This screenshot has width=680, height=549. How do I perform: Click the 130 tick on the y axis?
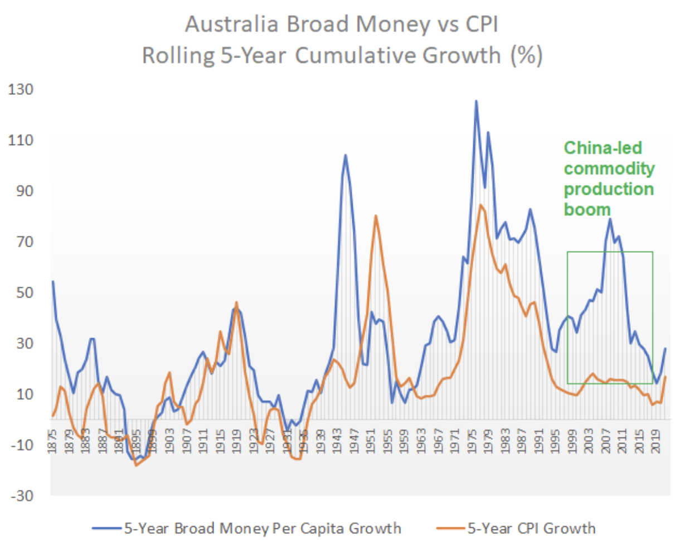[x=20, y=89]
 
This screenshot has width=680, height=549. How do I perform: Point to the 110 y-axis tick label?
[x=20, y=140]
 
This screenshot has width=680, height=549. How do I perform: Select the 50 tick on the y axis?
[x=23, y=292]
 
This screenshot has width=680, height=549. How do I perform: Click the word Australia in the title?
[x=232, y=25]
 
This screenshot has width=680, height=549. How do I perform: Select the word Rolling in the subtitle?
[x=178, y=56]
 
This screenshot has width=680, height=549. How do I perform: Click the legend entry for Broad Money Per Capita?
[x=262, y=528]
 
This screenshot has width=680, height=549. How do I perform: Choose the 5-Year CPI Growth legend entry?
[x=531, y=528]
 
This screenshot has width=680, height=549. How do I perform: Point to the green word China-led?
[x=603, y=148]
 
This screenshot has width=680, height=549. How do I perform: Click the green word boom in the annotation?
[x=587, y=209]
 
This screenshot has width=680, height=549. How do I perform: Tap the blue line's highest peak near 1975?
[x=476, y=101]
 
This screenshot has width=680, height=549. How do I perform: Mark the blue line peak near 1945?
[x=346, y=155]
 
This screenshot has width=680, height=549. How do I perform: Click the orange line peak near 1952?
[x=376, y=215]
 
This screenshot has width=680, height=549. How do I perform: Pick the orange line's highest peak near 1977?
[x=480, y=205]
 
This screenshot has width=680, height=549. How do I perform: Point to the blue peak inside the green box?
[x=610, y=219]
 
